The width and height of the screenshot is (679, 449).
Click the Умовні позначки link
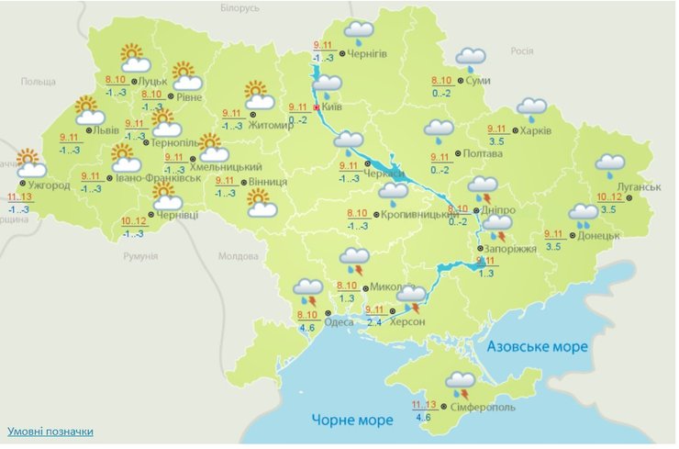50,431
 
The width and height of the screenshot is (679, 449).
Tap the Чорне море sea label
353,420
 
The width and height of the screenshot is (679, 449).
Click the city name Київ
334,108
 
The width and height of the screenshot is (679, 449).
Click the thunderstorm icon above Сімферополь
459,383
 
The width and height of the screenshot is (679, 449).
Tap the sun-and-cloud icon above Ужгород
31,163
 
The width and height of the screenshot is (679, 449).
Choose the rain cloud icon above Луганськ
609,166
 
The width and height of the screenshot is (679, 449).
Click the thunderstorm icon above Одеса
307,293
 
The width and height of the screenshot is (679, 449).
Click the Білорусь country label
241,7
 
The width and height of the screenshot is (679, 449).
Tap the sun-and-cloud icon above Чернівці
166,195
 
